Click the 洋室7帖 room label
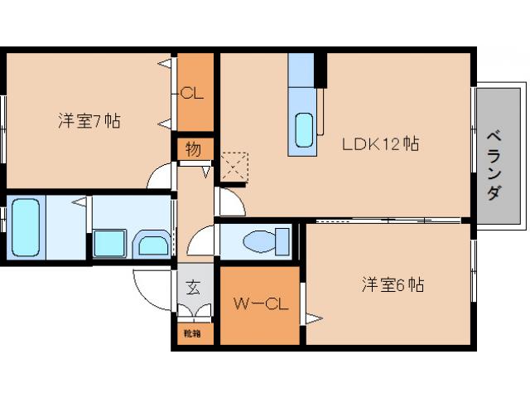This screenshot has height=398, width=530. pos(89,121)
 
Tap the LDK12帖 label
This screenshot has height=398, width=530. pos(381,144)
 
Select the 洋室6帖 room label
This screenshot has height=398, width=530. pos(393,285)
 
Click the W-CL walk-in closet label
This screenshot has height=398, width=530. pos(260,303)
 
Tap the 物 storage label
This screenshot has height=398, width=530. pos(193,150)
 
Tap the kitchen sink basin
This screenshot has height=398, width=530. pos(304,128)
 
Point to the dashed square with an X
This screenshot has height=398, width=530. pos(235,164)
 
